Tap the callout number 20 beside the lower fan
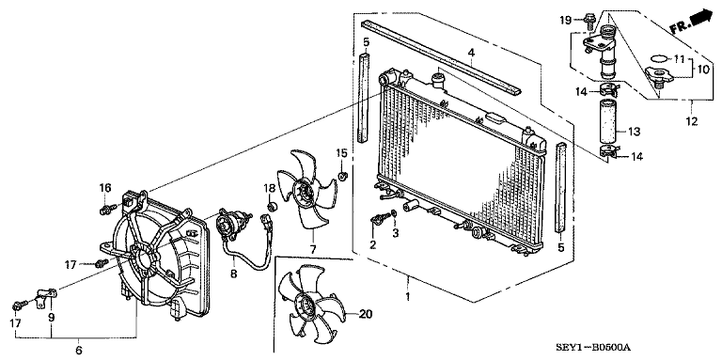point(366,314)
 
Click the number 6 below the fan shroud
point(78,350)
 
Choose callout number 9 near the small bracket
point(51,317)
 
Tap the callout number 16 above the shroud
point(105,188)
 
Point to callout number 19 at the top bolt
point(566,20)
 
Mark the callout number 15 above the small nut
point(342,152)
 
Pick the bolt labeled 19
point(588,18)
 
